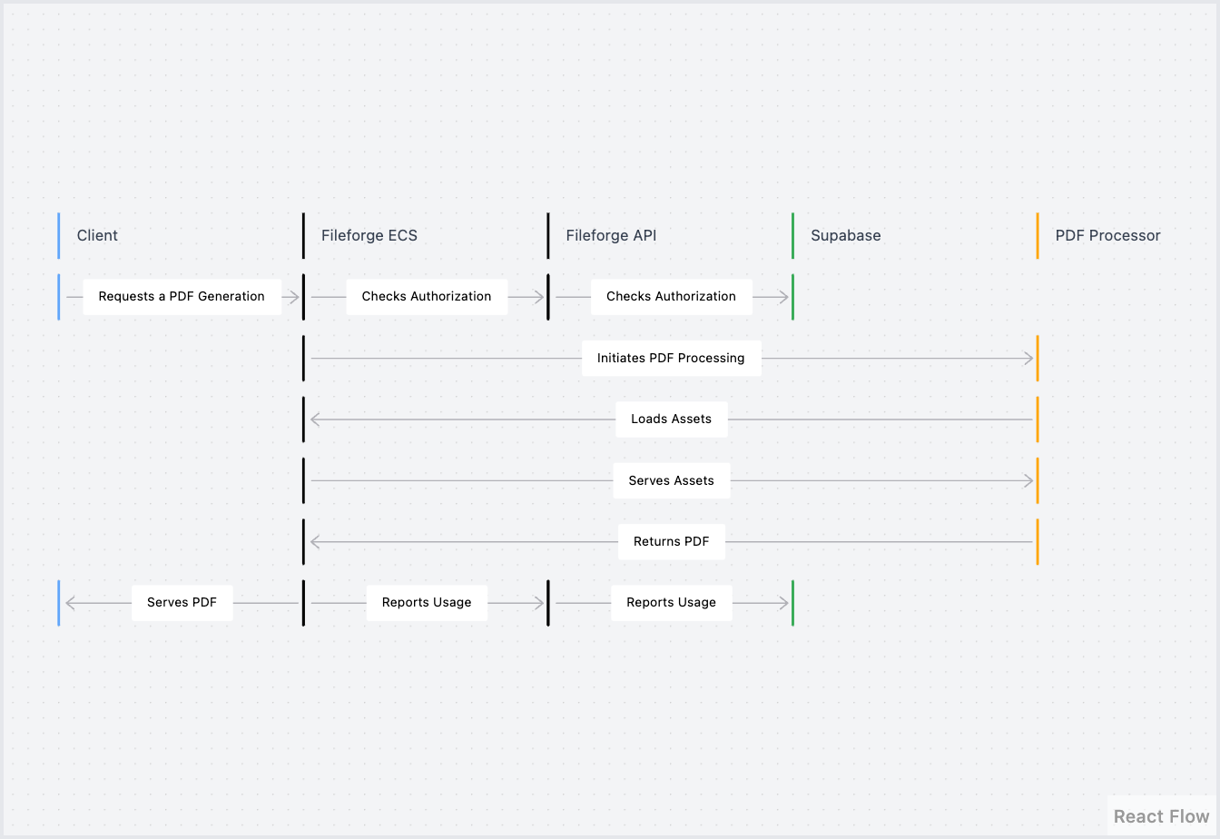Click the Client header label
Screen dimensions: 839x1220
click(97, 235)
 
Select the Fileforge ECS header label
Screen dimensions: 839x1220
click(369, 235)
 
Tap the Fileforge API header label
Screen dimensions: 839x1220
click(611, 235)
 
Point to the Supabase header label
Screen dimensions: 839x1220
click(845, 235)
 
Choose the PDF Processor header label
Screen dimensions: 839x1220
click(1107, 235)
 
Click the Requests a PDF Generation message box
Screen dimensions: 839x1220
click(182, 297)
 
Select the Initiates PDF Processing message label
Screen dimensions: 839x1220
click(671, 359)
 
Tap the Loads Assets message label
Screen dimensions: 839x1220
click(671, 419)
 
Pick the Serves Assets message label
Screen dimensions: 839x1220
click(671, 481)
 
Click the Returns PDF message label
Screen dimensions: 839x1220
click(671, 542)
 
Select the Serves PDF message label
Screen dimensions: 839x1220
click(182, 603)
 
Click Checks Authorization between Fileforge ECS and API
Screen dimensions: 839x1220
click(427, 297)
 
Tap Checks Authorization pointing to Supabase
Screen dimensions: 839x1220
click(671, 297)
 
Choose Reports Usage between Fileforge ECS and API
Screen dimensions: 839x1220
click(427, 603)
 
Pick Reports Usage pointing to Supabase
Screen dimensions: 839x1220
click(671, 603)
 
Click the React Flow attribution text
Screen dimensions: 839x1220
click(1161, 816)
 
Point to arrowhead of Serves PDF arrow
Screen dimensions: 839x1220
click(70, 603)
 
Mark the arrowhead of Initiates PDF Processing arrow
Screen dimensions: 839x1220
click(1029, 359)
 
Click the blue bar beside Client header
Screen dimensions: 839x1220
click(59, 235)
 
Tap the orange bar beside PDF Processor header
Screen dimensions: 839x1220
click(1038, 235)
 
